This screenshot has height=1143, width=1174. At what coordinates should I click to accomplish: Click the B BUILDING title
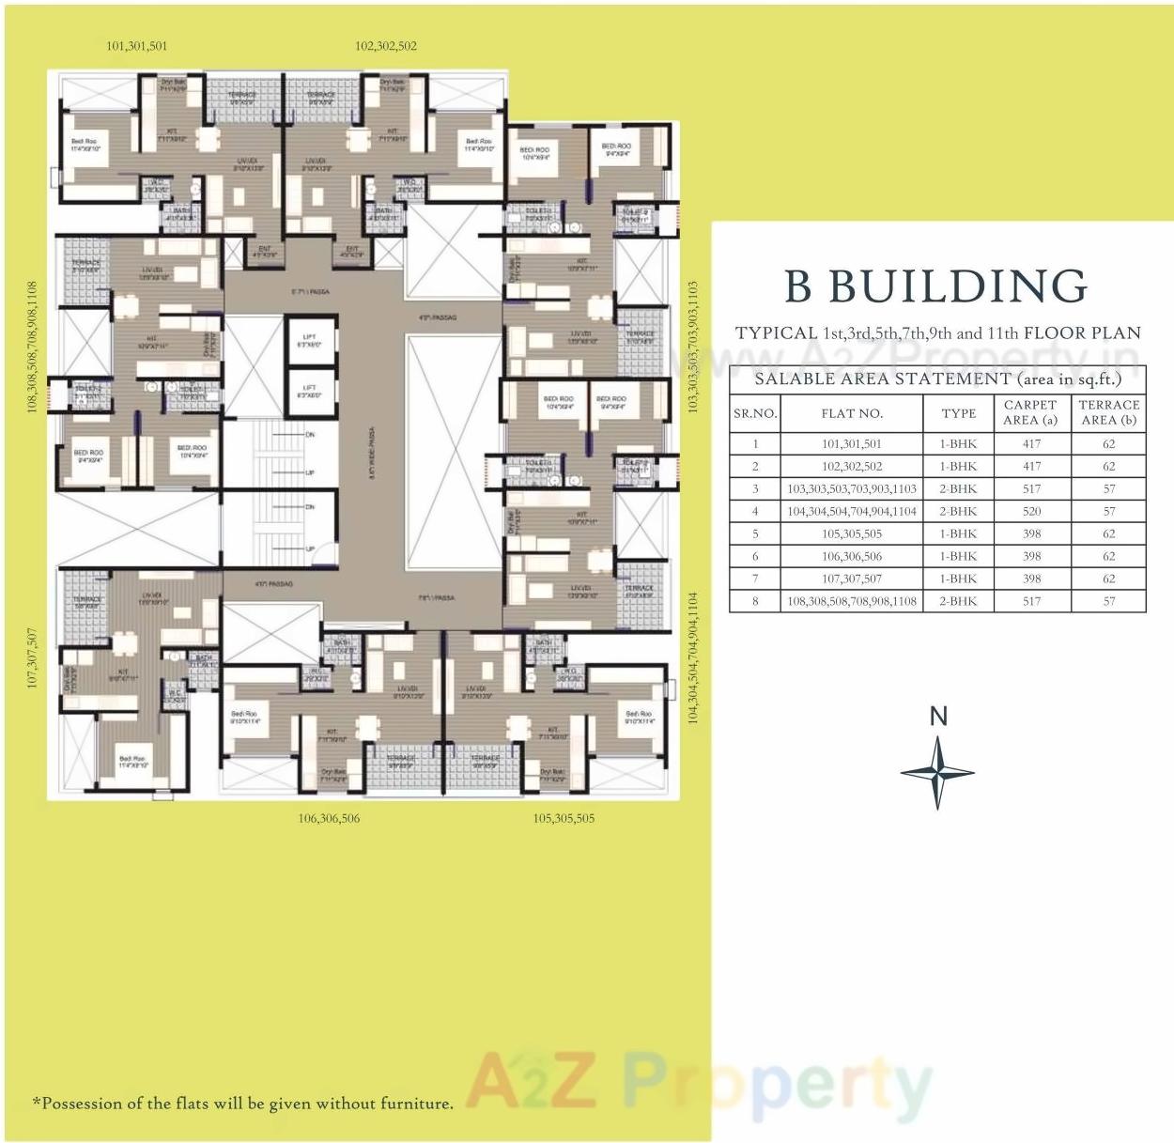click(x=935, y=286)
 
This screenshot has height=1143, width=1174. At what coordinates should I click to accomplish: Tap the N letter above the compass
click(x=938, y=717)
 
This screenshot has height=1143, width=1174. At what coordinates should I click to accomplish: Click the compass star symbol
click(x=937, y=773)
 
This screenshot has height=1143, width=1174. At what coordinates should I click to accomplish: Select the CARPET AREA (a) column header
click(x=1030, y=412)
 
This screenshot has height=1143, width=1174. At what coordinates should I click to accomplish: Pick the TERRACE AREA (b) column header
click(x=1108, y=412)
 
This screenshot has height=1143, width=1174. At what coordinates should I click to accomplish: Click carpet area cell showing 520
click(x=1031, y=511)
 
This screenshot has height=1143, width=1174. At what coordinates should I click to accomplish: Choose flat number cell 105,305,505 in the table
click(x=851, y=533)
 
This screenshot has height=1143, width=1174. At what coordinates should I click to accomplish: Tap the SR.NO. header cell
click(x=755, y=413)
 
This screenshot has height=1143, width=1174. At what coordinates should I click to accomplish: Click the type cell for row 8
click(x=958, y=601)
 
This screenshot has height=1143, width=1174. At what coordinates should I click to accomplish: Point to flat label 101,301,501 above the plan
click(x=137, y=46)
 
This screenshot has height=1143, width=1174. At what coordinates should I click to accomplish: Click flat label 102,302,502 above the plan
click(x=386, y=46)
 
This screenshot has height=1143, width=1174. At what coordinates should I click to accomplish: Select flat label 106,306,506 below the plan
click(x=329, y=818)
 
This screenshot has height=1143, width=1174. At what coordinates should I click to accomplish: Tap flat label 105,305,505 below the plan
click(x=564, y=818)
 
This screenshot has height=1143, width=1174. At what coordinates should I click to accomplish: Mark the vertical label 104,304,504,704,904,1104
click(x=693, y=657)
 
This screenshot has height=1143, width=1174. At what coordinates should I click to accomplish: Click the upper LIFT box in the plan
click(x=310, y=340)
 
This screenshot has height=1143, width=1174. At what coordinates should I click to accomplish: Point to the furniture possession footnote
click(x=242, y=1104)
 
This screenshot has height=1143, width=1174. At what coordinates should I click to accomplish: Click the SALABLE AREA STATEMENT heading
click(x=937, y=378)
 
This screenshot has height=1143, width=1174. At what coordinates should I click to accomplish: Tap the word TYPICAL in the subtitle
click(x=776, y=333)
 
